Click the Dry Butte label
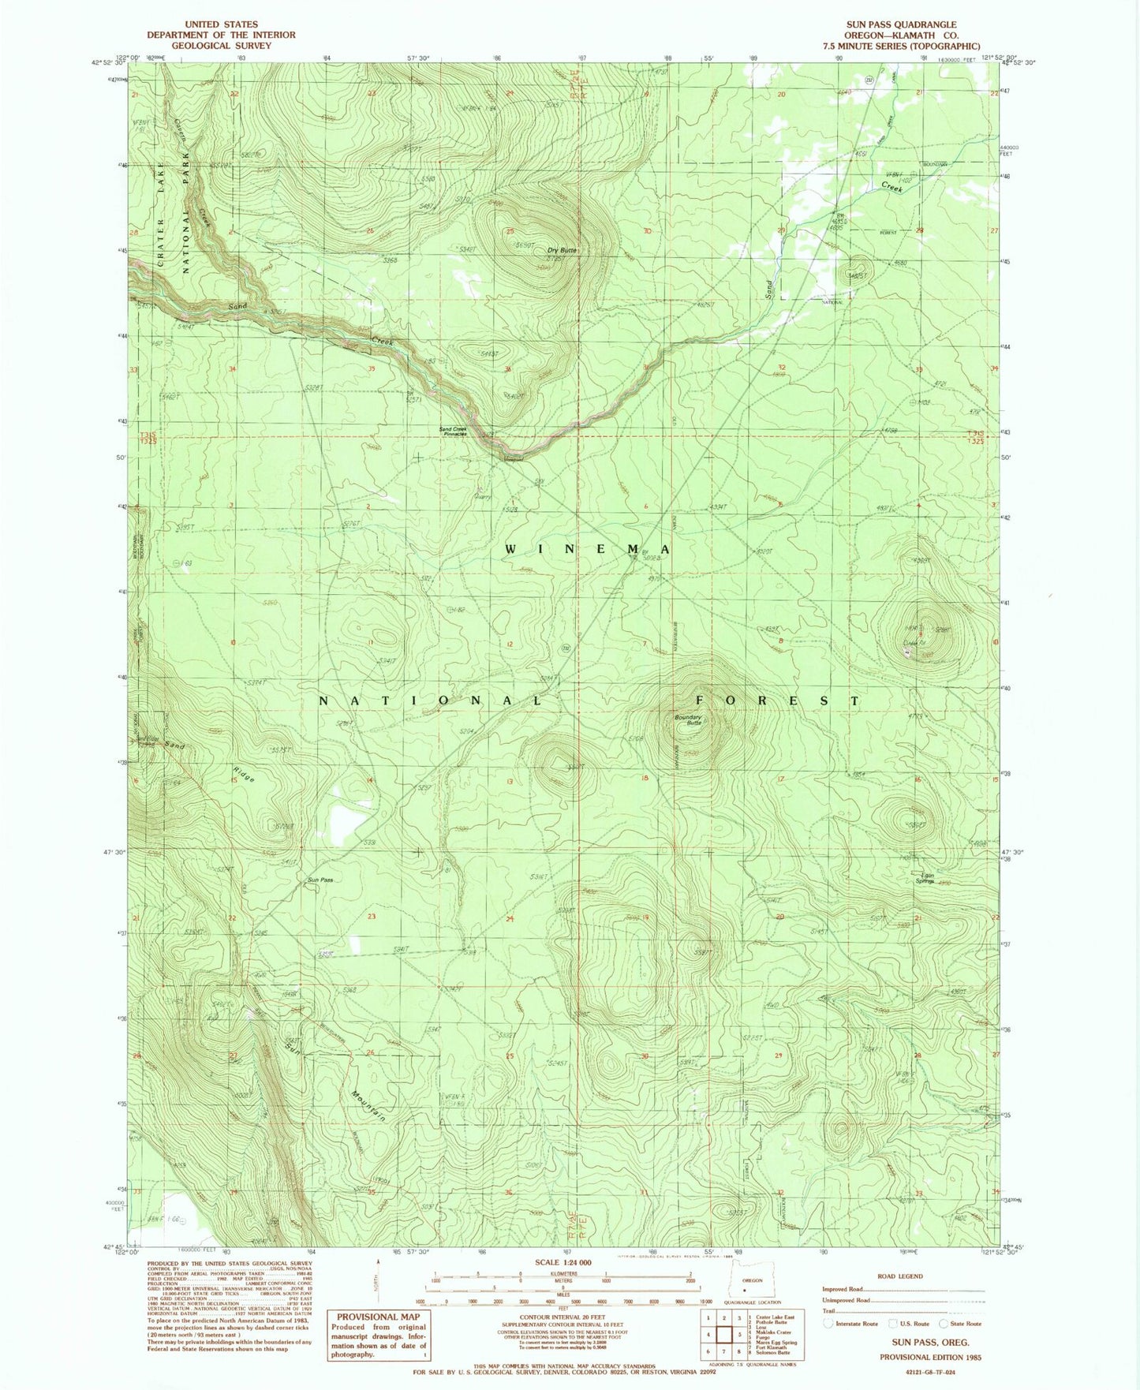[563, 251]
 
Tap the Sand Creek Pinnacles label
[458, 432]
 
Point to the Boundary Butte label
[687, 719]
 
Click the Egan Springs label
[923, 878]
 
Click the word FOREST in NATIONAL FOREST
[776, 701]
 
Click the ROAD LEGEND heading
[899, 1276]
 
